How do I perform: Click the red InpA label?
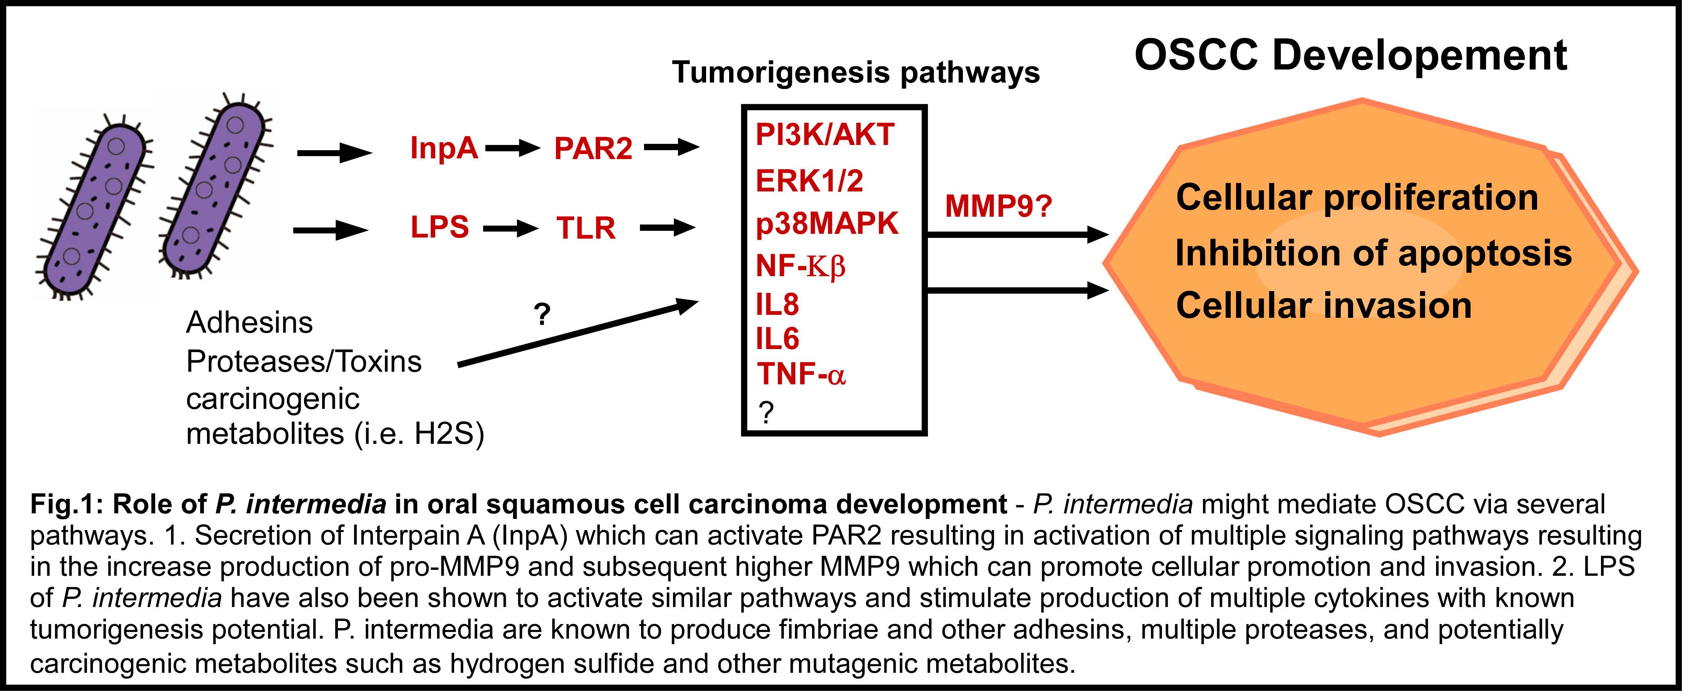(x=444, y=148)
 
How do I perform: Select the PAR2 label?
(x=593, y=149)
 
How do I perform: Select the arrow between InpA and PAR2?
(x=512, y=149)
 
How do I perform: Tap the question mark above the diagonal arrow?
(x=542, y=315)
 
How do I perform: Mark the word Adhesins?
(x=249, y=323)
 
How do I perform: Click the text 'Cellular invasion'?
(x=1323, y=306)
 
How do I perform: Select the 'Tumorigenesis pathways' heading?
(x=855, y=72)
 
